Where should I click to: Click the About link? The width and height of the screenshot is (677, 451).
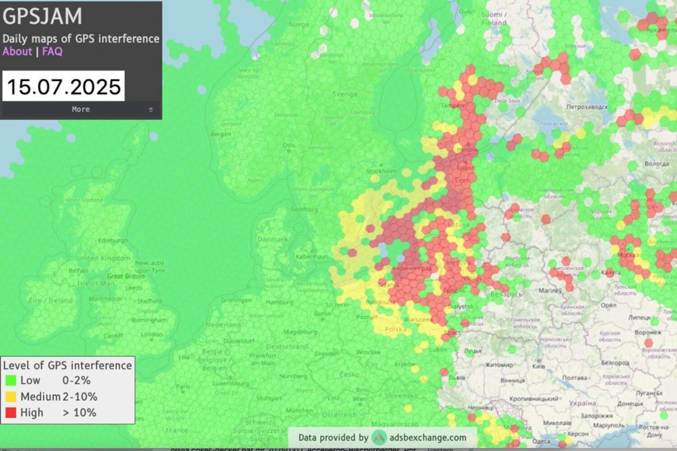17,51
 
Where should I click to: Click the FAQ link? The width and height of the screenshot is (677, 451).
52,51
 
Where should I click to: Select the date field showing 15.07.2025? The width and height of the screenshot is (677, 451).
64,86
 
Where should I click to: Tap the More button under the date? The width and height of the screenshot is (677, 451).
81,109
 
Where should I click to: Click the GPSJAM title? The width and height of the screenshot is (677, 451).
42,16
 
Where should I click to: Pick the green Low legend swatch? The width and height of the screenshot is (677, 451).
11,381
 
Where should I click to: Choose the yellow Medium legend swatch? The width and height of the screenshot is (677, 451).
11,397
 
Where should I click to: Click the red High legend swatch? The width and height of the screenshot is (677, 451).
11,413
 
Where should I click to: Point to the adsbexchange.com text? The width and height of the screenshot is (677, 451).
427,437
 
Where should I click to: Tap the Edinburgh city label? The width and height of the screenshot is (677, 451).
113,240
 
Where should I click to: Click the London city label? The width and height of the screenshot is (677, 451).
152,334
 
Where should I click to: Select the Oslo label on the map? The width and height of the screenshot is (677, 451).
289,145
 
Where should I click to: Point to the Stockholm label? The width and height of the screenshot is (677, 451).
381,171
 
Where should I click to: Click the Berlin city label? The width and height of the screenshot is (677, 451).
322,314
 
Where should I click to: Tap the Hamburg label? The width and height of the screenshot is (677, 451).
280,302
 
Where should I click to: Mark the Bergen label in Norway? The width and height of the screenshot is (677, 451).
220,134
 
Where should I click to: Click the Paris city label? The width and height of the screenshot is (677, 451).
183,387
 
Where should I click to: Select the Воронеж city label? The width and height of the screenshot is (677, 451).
648,332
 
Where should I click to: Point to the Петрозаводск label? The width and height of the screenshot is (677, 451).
587,107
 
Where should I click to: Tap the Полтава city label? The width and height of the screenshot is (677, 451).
575,377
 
